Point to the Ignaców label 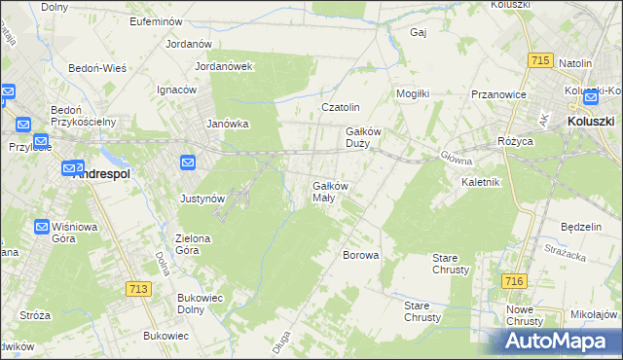(x=177, y=90)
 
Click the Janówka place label (x=229, y=124)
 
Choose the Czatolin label (x=342, y=107)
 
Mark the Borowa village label (x=360, y=255)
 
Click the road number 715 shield (x=541, y=60)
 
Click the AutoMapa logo (x=561, y=341)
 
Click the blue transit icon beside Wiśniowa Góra (x=43, y=227)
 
